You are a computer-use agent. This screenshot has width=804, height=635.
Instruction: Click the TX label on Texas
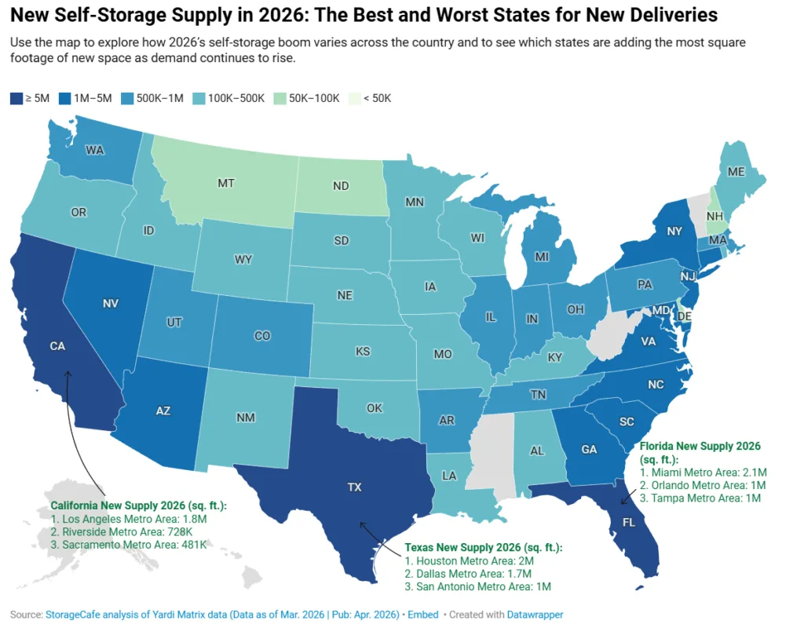[x=354, y=487]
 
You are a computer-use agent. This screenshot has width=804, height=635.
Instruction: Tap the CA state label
[x=57, y=345]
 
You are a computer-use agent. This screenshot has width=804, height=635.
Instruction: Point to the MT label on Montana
[x=226, y=183]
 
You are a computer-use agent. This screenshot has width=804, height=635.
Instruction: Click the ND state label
[x=341, y=187]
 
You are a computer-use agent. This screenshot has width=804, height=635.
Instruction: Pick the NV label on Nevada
[x=110, y=301]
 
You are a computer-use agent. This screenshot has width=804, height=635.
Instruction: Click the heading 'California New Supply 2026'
[x=138, y=505]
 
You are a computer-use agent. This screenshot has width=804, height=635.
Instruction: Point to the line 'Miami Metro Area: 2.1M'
[x=702, y=473]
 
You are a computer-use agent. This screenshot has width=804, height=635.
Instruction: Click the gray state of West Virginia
[x=612, y=330]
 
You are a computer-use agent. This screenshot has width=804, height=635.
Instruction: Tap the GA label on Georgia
[x=587, y=451]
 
